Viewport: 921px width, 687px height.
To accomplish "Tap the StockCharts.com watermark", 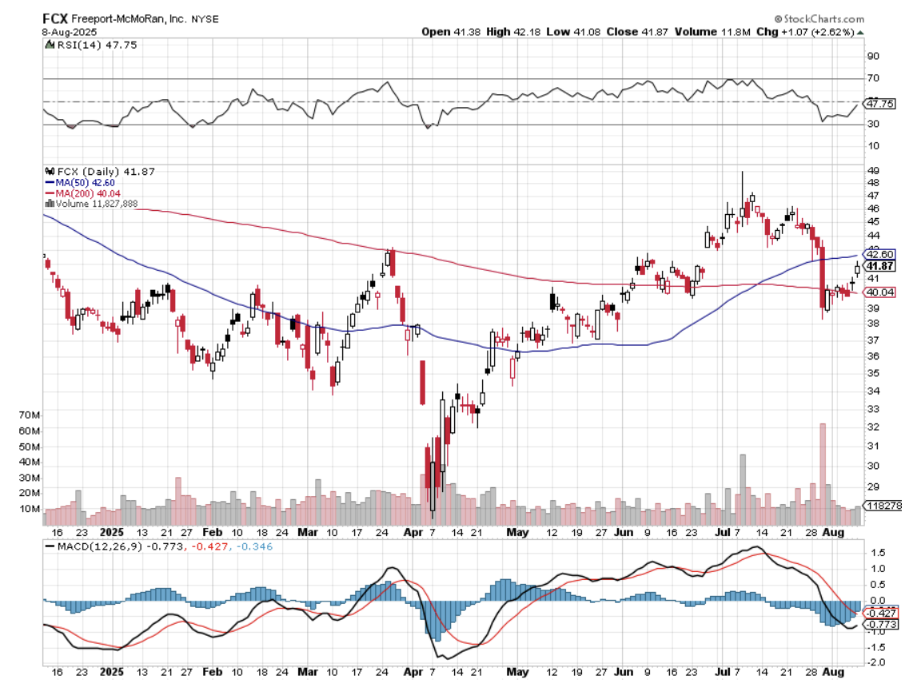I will click(x=819, y=18).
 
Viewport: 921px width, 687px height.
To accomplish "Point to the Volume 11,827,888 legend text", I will click(x=92, y=204).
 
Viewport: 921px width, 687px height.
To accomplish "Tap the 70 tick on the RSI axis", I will click(x=873, y=78).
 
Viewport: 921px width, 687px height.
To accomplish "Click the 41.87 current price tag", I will click(x=879, y=266).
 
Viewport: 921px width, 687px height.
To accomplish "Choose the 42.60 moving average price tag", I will click(x=879, y=254).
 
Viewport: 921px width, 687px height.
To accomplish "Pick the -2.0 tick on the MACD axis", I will click(x=876, y=662).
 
